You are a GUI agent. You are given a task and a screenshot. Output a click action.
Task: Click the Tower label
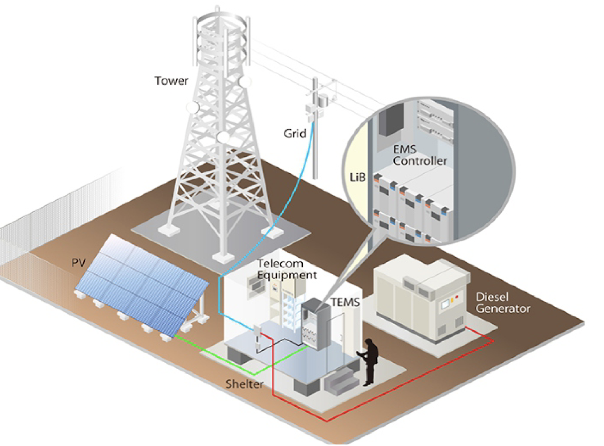[x=171, y=81]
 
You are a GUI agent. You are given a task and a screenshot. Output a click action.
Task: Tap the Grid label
[x=295, y=134]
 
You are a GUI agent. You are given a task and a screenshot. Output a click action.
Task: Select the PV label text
[x=78, y=263]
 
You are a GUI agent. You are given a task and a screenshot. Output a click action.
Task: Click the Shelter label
[x=244, y=384]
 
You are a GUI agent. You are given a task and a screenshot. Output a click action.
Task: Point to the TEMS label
[x=345, y=302]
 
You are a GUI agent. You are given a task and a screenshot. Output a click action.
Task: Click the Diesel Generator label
[x=502, y=303]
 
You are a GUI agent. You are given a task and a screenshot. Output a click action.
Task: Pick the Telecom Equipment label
[x=287, y=269]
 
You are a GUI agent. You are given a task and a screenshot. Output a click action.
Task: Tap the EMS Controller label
[x=420, y=155]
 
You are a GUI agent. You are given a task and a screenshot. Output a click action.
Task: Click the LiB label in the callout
[x=357, y=178]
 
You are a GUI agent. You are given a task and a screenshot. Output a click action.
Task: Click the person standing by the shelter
[x=370, y=361]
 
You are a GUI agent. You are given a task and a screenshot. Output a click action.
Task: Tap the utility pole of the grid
[x=315, y=146]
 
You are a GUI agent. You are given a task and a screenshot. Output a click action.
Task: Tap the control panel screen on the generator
[x=445, y=304]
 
